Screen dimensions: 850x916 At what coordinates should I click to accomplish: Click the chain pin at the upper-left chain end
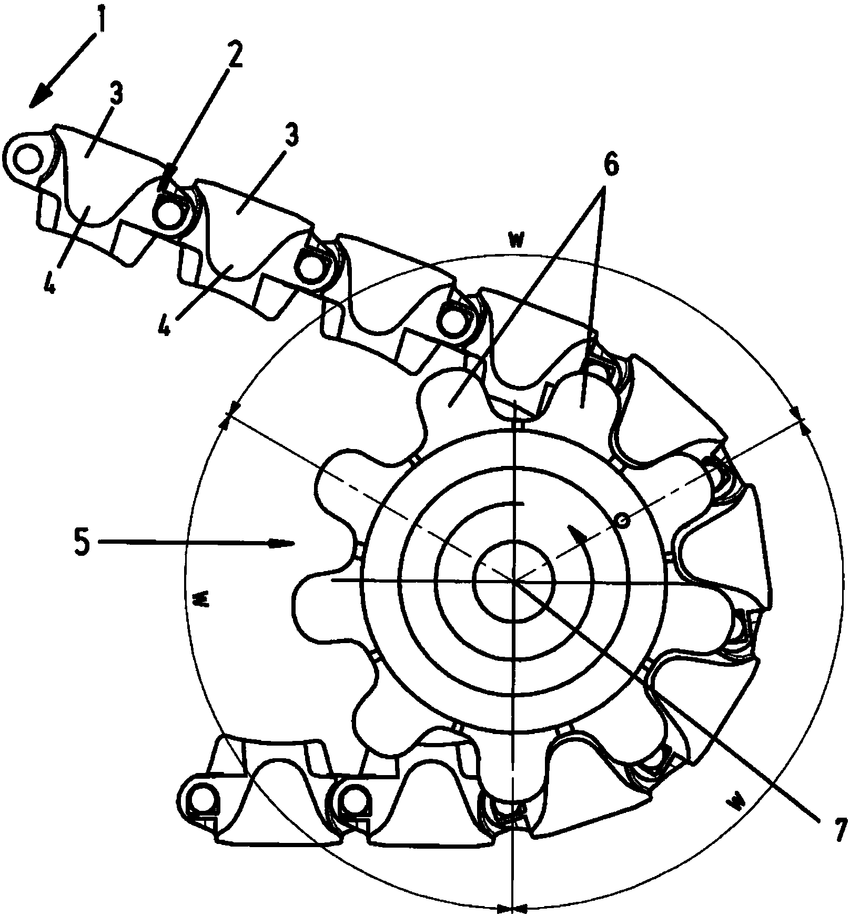26,160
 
